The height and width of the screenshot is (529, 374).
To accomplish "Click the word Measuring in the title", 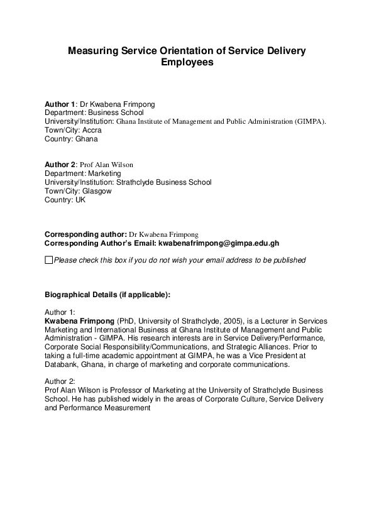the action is (x=94, y=51).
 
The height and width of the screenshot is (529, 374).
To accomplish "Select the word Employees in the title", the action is (x=187, y=62).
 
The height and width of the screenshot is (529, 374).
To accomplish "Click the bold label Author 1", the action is (x=60, y=104).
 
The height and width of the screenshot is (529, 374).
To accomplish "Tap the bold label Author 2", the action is (x=60, y=165).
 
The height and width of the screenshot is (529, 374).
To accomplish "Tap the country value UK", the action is (x=80, y=200).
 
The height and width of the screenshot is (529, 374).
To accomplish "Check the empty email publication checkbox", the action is (x=49, y=259).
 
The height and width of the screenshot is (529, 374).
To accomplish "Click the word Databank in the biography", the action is (x=62, y=364).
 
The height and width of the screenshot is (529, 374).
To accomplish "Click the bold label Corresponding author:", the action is (x=85, y=234).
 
